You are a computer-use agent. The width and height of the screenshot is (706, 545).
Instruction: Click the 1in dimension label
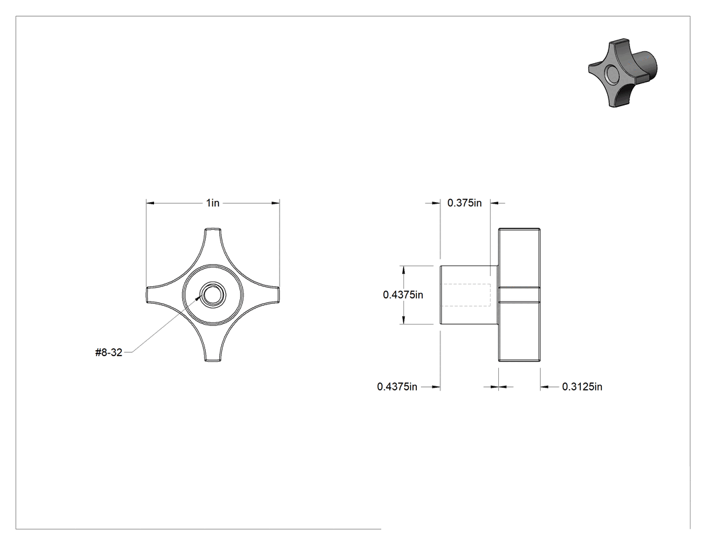[x=213, y=203]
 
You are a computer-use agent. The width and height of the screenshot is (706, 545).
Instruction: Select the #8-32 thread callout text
[x=109, y=352]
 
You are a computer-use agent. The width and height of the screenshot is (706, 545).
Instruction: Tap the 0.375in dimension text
[x=464, y=203]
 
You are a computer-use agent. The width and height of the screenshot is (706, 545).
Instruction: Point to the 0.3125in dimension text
[x=582, y=386]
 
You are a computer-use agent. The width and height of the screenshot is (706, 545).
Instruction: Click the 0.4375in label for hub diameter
[x=403, y=295]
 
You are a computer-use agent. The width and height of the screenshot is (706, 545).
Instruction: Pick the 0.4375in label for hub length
[x=397, y=386]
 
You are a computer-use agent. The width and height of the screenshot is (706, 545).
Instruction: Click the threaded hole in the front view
[x=210, y=295]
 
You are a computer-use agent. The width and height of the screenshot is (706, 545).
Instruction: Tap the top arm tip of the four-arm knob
[x=213, y=230]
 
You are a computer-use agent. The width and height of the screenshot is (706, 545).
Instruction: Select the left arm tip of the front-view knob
[x=148, y=295]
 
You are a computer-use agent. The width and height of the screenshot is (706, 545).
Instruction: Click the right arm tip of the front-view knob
[x=278, y=295]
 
